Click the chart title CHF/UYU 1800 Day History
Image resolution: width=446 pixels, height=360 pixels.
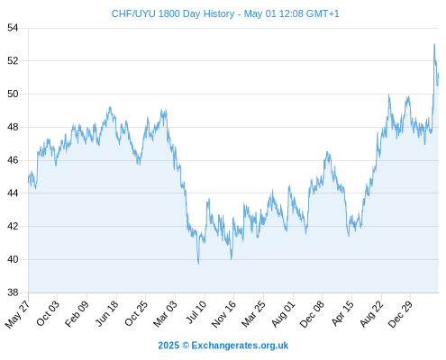pos(173,13)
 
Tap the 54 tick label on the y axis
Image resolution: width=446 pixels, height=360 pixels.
pos(13,28)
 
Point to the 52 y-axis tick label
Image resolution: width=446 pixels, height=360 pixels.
pos(13,61)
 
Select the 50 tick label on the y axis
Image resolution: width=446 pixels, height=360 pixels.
pos(13,94)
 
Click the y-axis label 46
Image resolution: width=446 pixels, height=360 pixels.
pos(13,160)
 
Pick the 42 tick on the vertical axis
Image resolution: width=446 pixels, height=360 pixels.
pos(13,226)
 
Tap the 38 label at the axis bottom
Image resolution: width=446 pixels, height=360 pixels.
pos(13,292)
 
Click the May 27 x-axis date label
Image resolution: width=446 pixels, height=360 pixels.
pos(17,314)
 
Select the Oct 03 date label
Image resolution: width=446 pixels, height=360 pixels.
pos(48,313)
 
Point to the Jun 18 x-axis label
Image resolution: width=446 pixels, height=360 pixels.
pos(106,313)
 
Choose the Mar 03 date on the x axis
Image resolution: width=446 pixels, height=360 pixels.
pos(165,313)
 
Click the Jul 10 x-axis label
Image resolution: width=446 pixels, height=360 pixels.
pos(196,312)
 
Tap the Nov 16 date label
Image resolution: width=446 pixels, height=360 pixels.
pos(223,314)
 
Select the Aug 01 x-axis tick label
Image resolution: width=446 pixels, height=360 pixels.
pos(283,314)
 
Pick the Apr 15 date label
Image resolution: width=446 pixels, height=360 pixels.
pos(342,313)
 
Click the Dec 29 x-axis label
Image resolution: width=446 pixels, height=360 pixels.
pos(401,314)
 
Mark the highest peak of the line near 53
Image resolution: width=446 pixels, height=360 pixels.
pos(434,44)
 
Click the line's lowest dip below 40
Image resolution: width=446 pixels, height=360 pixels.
pos(198,264)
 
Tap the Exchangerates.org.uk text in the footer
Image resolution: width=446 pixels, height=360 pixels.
pos(240,346)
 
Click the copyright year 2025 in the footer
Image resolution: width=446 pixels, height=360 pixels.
pos(168,346)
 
